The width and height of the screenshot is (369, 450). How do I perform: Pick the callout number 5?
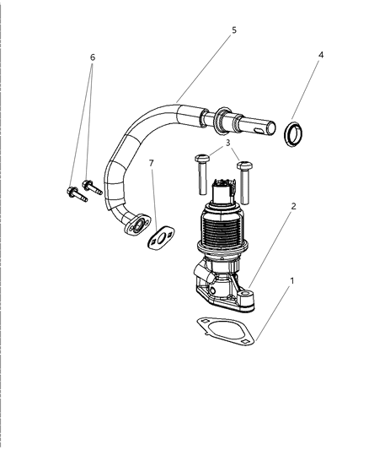(x=234, y=30)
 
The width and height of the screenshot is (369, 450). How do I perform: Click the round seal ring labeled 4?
(x=295, y=133)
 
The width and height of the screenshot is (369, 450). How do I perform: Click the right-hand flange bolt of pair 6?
(x=91, y=187)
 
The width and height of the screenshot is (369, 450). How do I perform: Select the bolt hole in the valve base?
(x=248, y=296)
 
